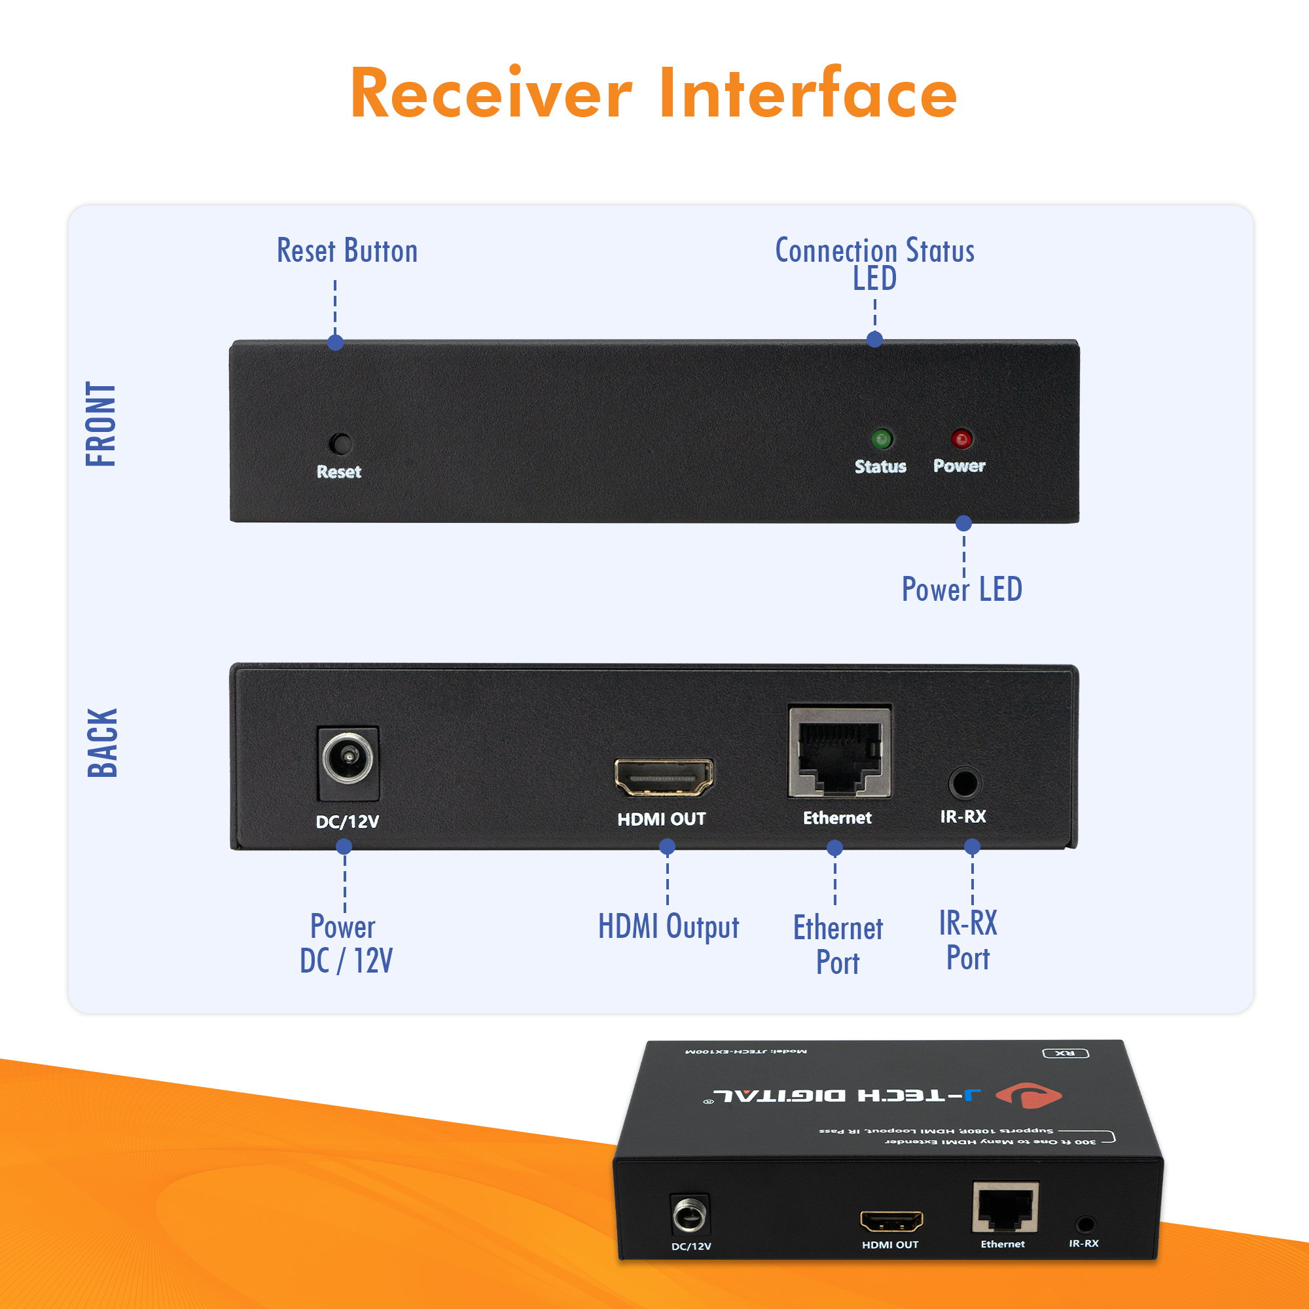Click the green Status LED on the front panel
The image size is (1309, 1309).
click(x=882, y=440)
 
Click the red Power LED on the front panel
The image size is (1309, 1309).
click(x=961, y=439)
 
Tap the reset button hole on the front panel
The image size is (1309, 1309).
click(x=340, y=444)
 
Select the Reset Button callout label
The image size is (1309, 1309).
click(x=347, y=251)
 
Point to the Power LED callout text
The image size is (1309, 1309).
click(x=961, y=589)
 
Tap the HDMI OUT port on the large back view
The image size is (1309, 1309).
click(x=663, y=777)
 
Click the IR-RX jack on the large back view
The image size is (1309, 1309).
click(x=964, y=784)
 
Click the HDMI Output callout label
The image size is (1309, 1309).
click(x=668, y=926)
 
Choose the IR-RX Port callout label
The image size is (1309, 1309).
click(x=968, y=941)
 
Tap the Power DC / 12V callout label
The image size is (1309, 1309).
click(x=346, y=944)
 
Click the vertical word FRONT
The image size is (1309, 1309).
click(x=101, y=423)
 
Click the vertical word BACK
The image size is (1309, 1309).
click(x=103, y=744)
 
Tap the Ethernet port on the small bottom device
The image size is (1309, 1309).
click(x=1005, y=1208)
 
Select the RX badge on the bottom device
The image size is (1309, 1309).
click(x=1065, y=1054)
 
